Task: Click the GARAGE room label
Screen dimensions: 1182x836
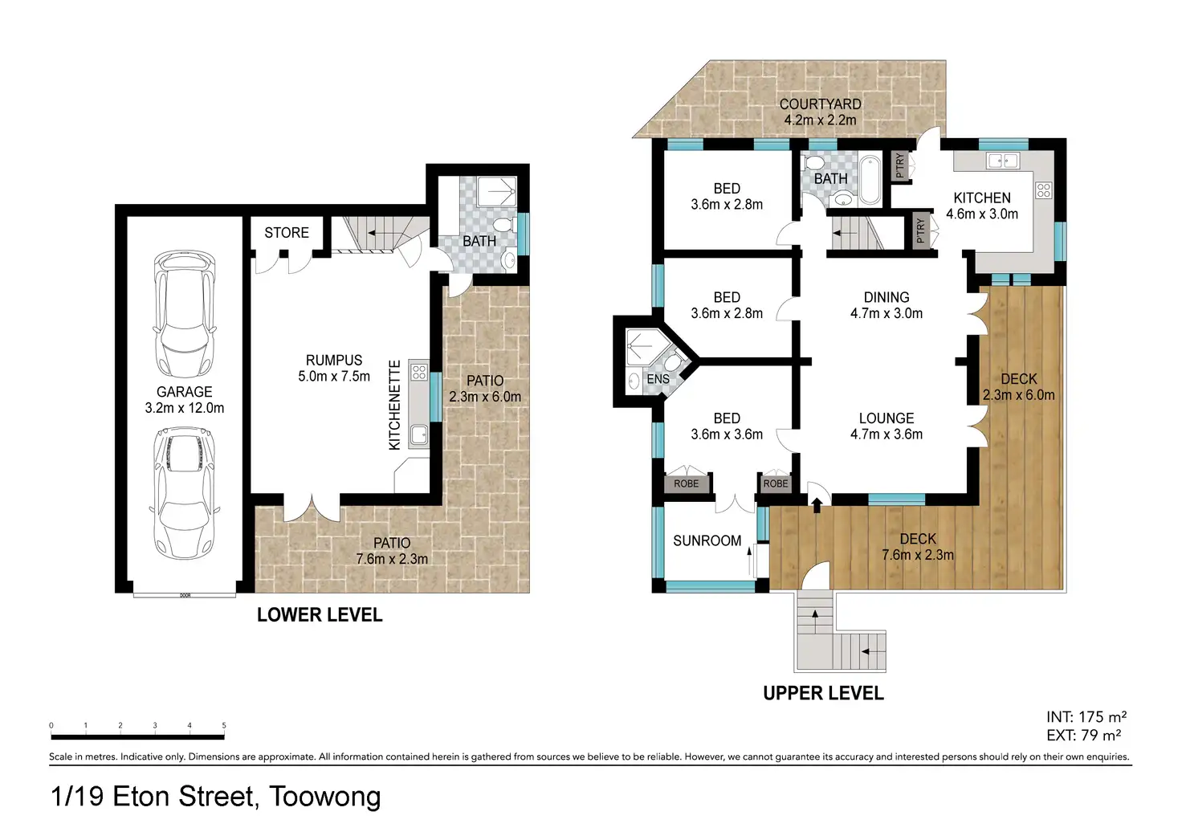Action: coord(184,392)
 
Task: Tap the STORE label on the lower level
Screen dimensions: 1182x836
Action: coord(287,233)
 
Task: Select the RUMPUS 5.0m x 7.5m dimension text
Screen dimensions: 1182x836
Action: coord(333,377)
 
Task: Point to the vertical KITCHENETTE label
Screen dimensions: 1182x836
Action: coord(395,405)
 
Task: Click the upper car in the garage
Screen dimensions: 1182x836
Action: coord(184,313)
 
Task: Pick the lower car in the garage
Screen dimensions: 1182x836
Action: coord(185,493)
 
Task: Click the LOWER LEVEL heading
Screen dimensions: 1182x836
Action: coord(320,615)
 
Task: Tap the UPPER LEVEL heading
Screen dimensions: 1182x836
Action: coord(823,693)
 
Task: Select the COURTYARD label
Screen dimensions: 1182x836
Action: coord(821,104)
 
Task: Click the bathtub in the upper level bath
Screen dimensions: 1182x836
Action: coord(870,180)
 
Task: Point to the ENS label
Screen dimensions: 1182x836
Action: coord(658,379)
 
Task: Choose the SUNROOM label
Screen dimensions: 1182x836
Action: coord(707,540)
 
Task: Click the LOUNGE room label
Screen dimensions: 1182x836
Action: coord(886,418)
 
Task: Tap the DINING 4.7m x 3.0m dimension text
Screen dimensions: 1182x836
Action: coord(886,313)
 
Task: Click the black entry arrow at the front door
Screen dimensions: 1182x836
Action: coord(817,505)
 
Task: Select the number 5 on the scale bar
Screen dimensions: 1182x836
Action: coord(224,725)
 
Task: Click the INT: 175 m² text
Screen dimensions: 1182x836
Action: coord(1086,716)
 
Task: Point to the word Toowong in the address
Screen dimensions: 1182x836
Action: coord(325,797)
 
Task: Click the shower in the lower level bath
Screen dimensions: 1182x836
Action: coord(496,191)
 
